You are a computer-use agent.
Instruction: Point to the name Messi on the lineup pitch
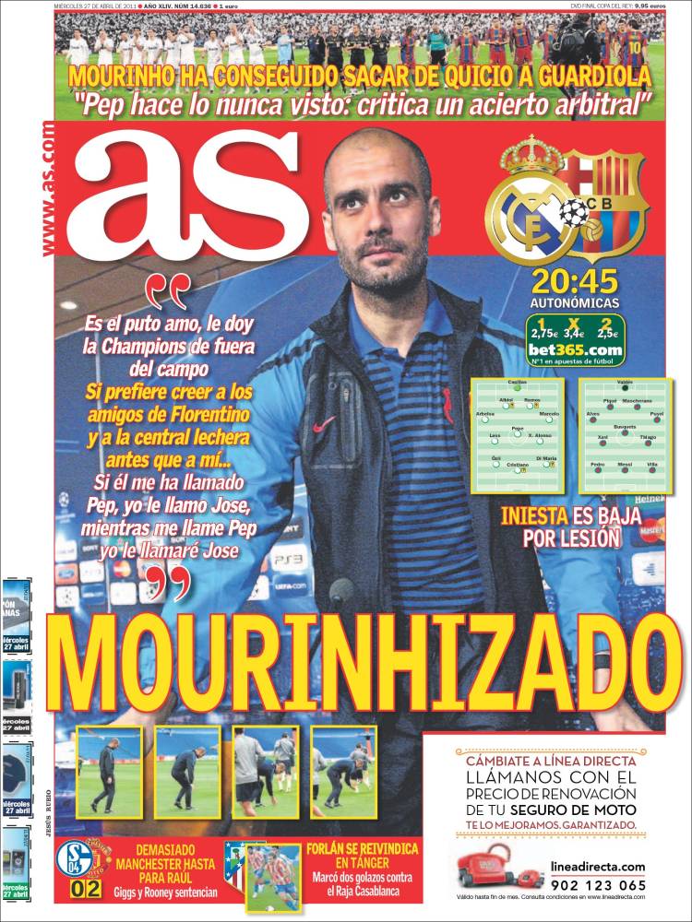point(625,465)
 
